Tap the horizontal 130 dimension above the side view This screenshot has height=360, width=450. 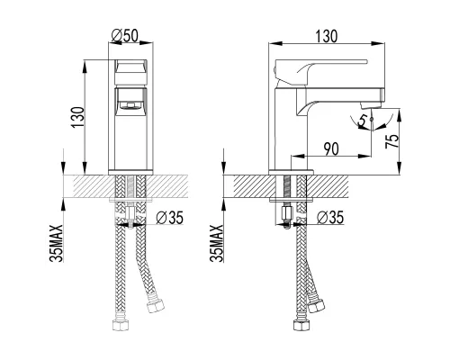point(327,36)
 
